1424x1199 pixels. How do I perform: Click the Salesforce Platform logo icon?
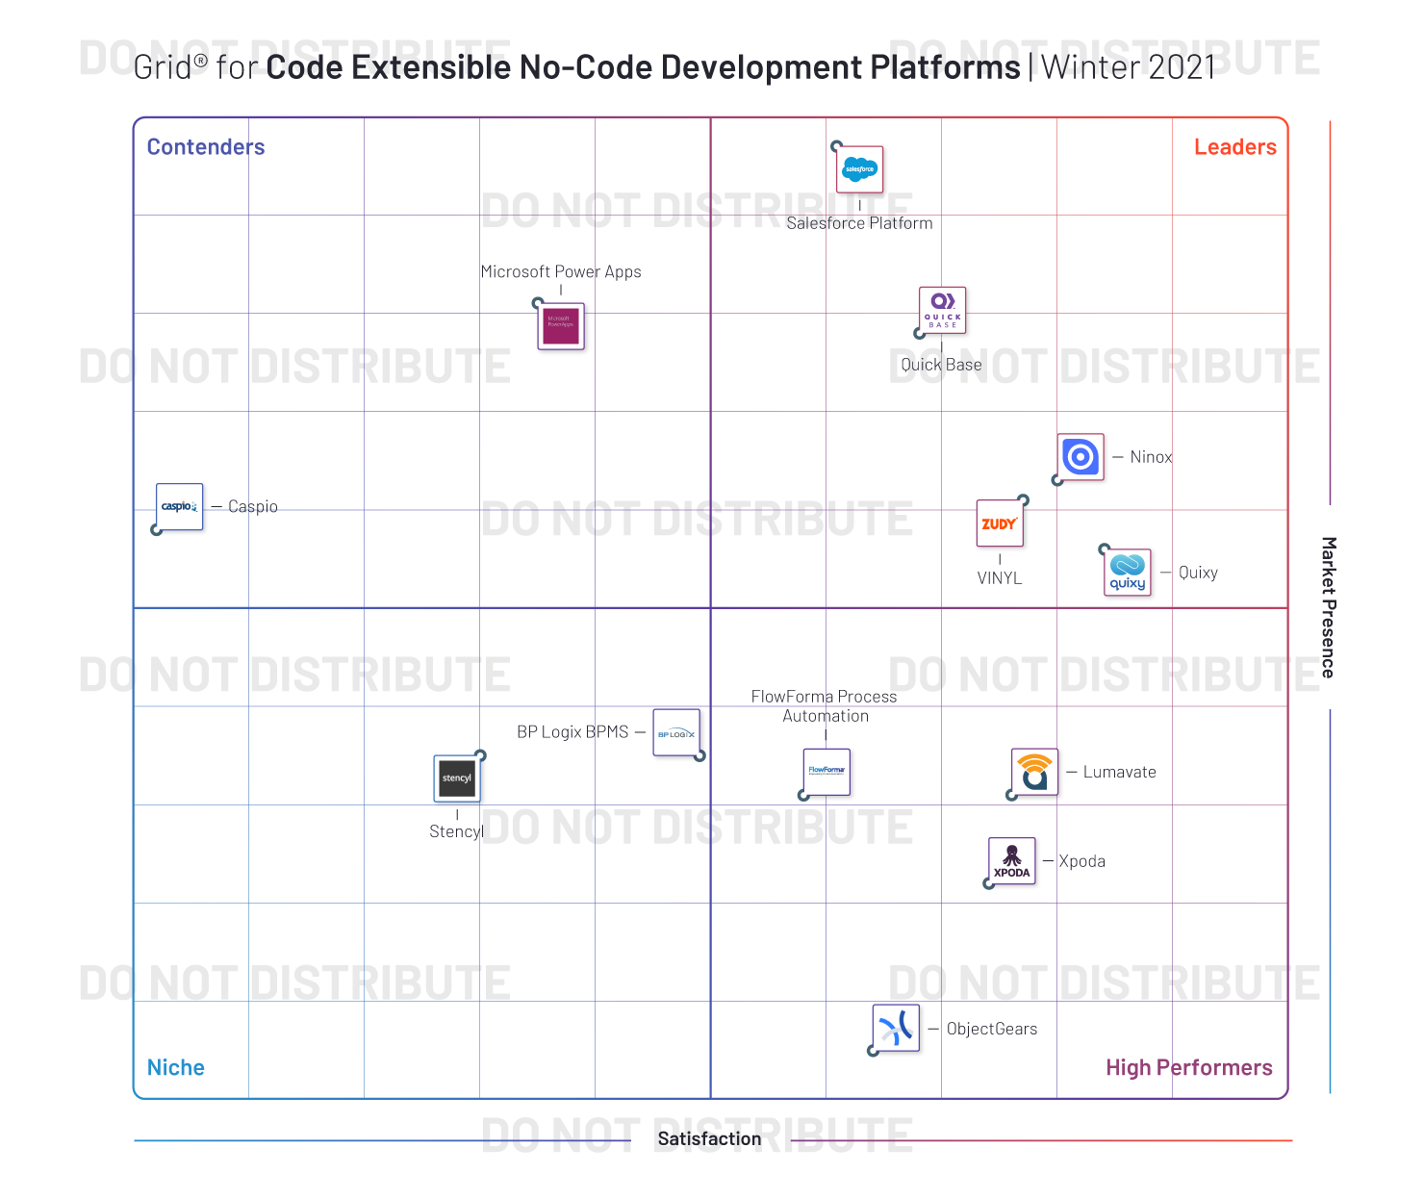click(x=859, y=170)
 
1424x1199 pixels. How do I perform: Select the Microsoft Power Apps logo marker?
click(x=561, y=326)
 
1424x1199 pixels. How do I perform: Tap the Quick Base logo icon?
click(x=942, y=310)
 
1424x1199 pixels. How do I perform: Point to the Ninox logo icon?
click(x=1081, y=457)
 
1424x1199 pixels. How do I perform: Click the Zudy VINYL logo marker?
click(x=1000, y=523)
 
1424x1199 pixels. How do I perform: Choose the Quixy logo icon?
click(x=1127, y=573)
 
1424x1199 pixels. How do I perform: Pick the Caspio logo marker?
click(x=180, y=506)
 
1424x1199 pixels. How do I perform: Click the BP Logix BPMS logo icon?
click(x=676, y=733)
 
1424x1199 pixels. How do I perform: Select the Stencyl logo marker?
click(x=457, y=778)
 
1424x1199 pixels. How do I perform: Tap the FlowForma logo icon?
click(x=826, y=772)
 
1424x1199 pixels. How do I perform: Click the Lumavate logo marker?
click(x=1034, y=772)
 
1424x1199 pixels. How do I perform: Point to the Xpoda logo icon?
click(x=1012, y=861)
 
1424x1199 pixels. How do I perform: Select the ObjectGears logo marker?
click(x=896, y=1029)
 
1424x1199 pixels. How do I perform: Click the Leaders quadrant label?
click(x=1234, y=147)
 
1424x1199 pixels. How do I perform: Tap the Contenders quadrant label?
click(x=206, y=147)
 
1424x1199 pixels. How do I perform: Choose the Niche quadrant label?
click(x=176, y=1067)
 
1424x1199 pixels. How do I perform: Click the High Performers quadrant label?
click(x=1188, y=1067)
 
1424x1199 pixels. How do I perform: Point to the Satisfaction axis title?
click(x=709, y=1139)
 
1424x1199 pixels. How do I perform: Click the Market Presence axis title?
click(x=1328, y=607)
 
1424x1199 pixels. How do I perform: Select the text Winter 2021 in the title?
click(x=1128, y=67)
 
